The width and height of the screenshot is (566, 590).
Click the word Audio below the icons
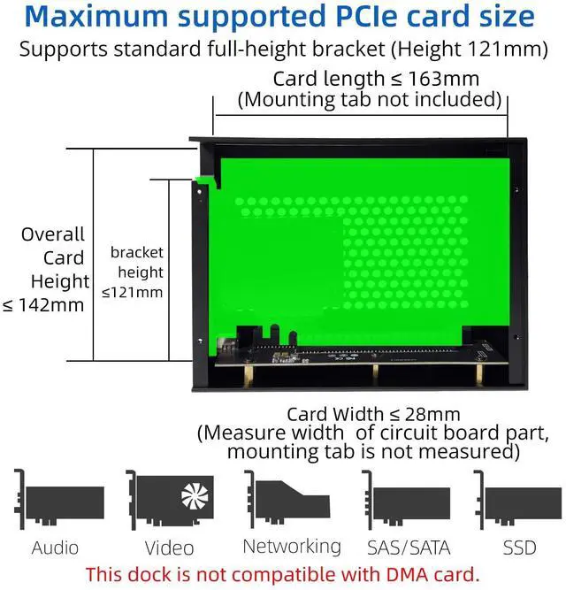point(55,548)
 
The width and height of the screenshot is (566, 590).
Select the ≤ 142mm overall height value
point(44,305)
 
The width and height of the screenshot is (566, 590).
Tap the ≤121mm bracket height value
point(133,292)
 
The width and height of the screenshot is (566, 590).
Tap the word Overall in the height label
point(53,234)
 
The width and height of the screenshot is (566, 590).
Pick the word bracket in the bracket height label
point(137,253)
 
